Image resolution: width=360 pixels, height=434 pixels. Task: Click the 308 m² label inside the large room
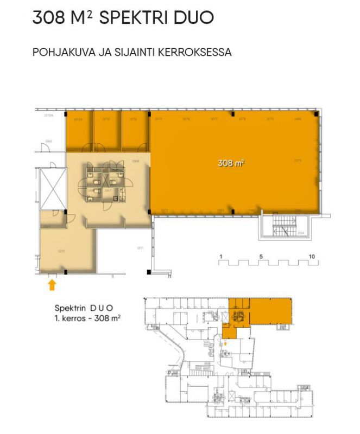coord(231,162)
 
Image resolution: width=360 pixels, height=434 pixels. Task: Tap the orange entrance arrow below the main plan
coord(52,284)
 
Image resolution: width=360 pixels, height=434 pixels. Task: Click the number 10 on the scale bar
coord(312,256)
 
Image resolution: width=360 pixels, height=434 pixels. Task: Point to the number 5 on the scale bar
coord(261,256)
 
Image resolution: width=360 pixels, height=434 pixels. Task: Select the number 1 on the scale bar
coord(221,256)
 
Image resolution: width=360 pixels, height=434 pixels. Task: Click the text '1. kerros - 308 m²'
coord(87,318)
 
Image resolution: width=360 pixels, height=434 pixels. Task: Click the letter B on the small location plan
coord(157,328)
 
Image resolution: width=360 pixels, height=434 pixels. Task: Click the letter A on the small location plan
coord(249,373)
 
